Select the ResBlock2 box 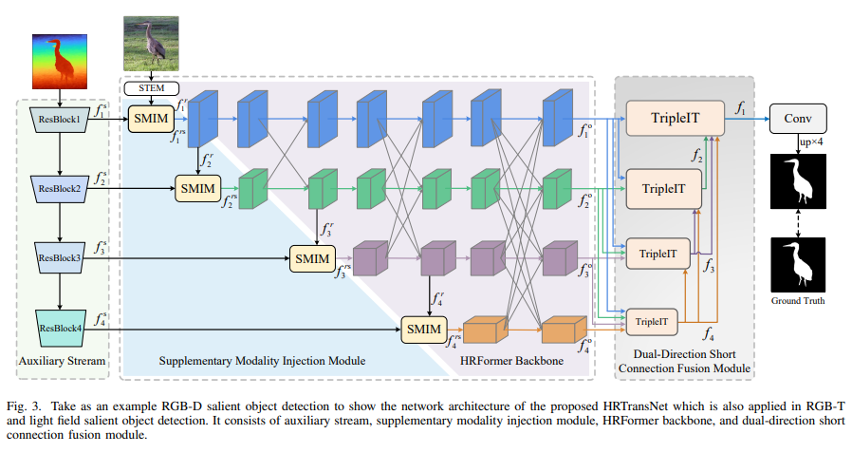(60, 188)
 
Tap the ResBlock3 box (60, 257)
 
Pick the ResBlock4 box (60, 328)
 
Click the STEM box (150, 89)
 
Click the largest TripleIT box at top (675, 118)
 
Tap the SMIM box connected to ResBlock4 (425, 328)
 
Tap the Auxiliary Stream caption (62, 362)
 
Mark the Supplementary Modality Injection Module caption (264, 362)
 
